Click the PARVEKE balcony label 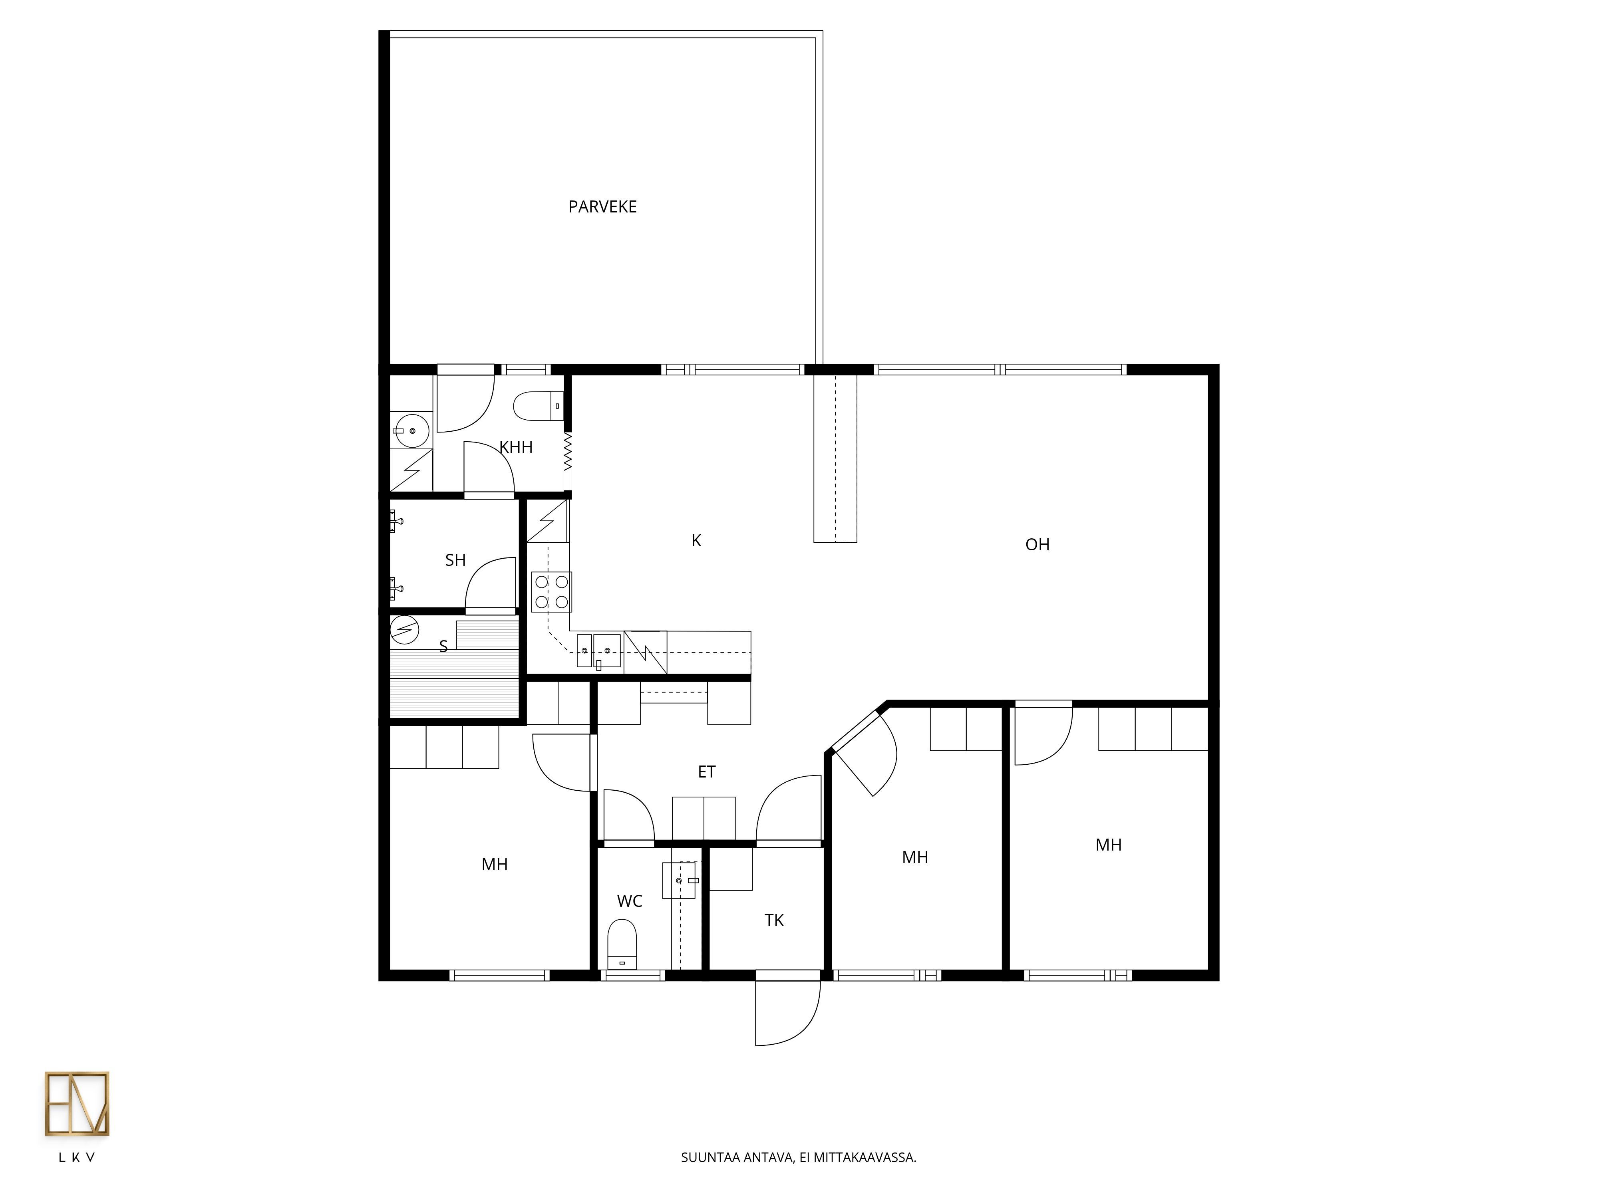pos(602,207)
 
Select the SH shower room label pos(455,560)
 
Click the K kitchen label pos(696,541)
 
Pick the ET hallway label pos(707,772)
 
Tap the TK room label pos(774,921)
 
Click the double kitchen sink pos(599,651)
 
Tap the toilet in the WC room pos(622,944)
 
